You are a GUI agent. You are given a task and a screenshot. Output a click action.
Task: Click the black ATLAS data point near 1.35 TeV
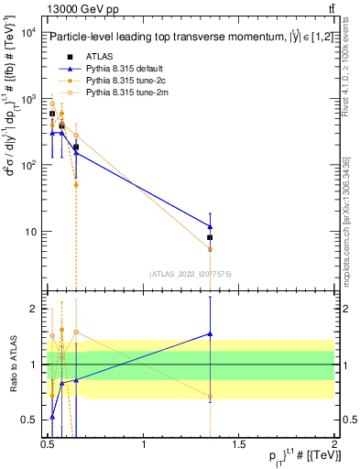[x=211, y=237]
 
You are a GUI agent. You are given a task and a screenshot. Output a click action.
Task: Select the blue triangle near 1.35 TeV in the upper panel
[x=211, y=225]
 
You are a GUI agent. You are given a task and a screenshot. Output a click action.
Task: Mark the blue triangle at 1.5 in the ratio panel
[x=211, y=334]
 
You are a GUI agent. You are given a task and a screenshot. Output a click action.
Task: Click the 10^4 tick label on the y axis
[x=27, y=34]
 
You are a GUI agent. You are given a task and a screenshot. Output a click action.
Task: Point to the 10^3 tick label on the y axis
[x=27, y=100]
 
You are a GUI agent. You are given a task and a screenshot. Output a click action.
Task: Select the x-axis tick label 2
[x=334, y=446]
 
